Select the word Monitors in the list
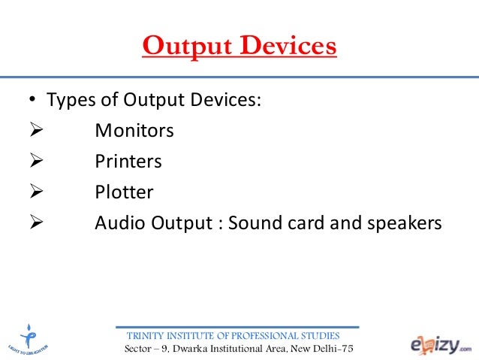pyautogui.click(x=134, y=131)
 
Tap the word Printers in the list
pyautogui.click(x=128, y=162)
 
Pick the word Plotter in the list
pyautogui.click(x=124, y=192)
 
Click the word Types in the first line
pyautogui.click(x=69, y=101)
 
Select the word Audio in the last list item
pyautogui.click(x=116, y=223)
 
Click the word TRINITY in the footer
pyautogui.click(x=147, y=335)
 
